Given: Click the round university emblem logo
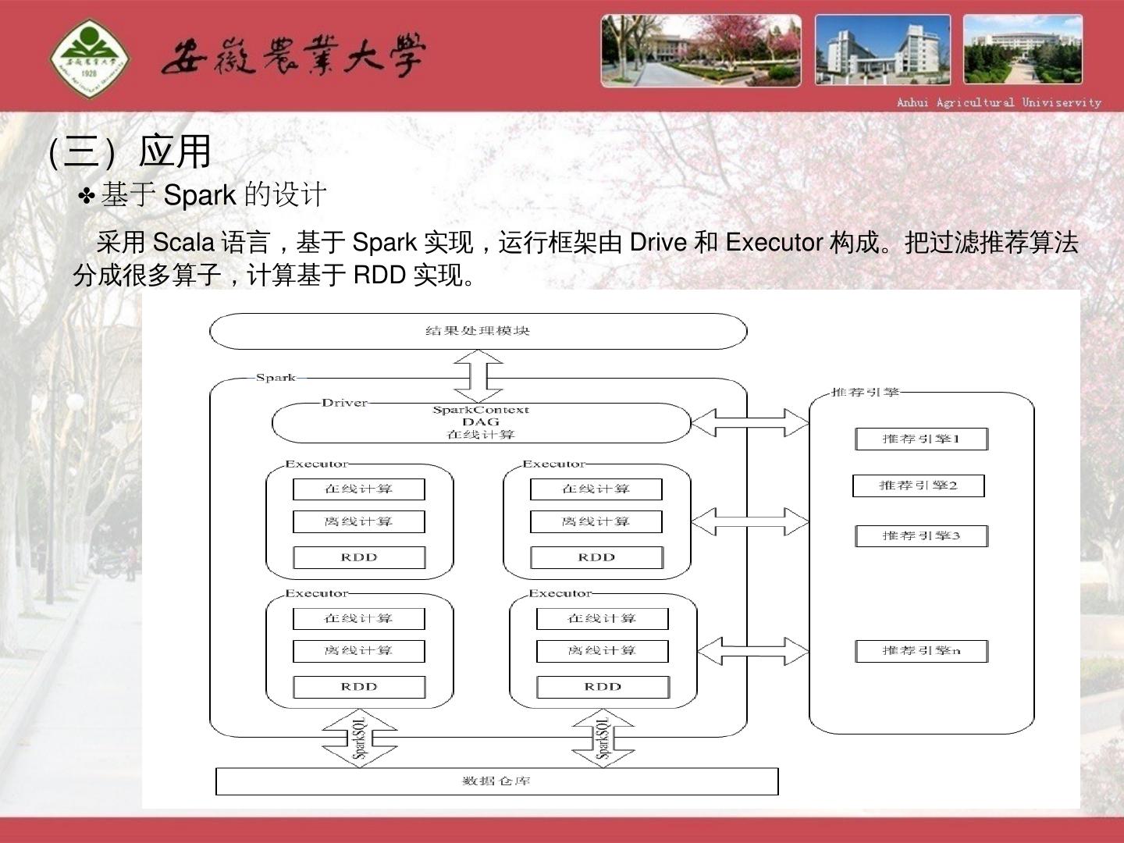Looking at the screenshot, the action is pyautogui.click(x=89, y=58).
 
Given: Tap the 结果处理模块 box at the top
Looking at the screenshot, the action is pyautogui.click(x=478, y=331).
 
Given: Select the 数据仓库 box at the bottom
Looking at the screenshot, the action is pyautogui.click(x=496, y=781).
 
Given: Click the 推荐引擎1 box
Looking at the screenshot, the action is pyautogui.click(x=921, y=439).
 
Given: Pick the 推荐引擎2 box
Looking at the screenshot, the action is pyautogui.click(x=918, y=486).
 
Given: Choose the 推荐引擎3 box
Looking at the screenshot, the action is pyautogui.click(x=921, y=536).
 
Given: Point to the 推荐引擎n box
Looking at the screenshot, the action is pyautogui.click(x=921, y=651).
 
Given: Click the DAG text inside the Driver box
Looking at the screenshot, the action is pyautogui.click(x=480, y=422).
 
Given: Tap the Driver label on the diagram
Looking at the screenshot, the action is pyautogui.click(x=344, y=403).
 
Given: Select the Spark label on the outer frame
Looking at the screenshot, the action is pyautogui.click(x=276, y=378).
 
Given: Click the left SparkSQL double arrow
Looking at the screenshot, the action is pyautogui.click(x=360, y=738).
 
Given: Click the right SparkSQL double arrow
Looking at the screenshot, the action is pyautogui.click(x=603, y=738).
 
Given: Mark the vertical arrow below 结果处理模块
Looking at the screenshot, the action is pyautogui.click(x=478, y=375).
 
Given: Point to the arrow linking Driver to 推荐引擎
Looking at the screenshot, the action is pyautogui.click(x=750, y=422).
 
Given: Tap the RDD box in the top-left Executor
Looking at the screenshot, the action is pyautogui.click(x=359, y=557).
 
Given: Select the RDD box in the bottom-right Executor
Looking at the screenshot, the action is pyautogui.click(x=603, y=687).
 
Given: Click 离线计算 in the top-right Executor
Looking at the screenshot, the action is pyautogui.click(x=596, y=521).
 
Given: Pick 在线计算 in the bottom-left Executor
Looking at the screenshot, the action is pyautogui.click(x=359, y=619).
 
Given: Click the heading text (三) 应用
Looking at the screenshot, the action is pyautogui.click(x=130, y=151).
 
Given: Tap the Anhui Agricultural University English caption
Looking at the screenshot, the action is pyautogui.click(x=998, y=102).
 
